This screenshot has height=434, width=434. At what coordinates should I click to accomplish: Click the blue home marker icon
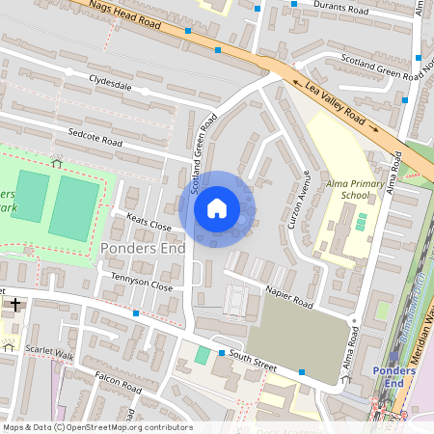[x=217, y=208]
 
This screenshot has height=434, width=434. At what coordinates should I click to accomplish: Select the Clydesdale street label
[x=109, y=85]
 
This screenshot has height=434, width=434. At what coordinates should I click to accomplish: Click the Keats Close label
[x=148, y=227]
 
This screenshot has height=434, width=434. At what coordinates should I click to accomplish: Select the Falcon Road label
[x=118, y=383]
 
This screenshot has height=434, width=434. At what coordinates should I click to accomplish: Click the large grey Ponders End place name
[x=136, y=251]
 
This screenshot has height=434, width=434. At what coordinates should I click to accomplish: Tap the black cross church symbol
[x=15, y=306]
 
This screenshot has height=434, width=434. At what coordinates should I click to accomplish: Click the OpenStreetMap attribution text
[x=96, y=427]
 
